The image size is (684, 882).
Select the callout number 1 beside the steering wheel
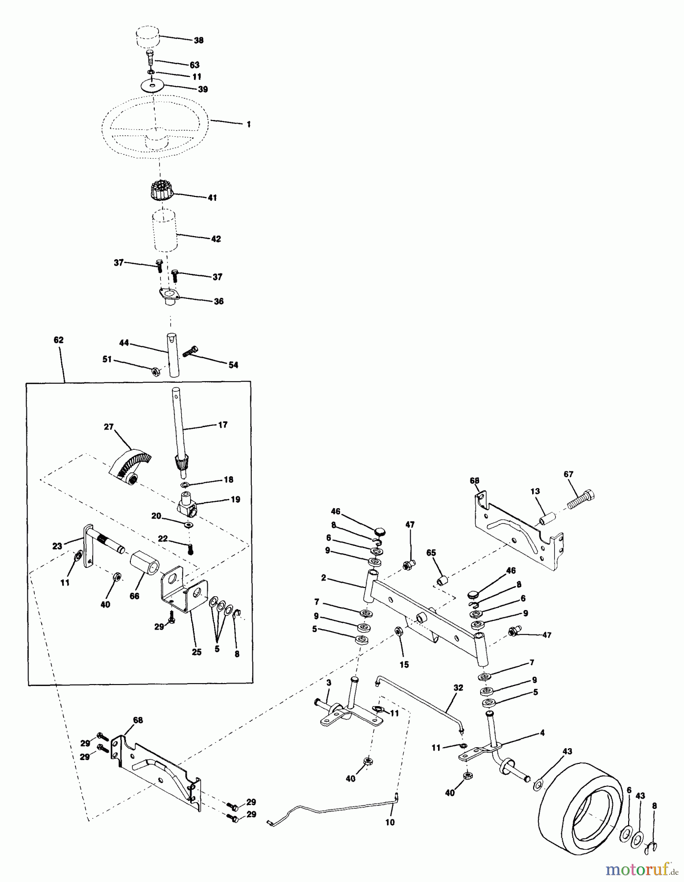(x=248, y=124)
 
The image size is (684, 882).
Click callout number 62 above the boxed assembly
(x=58, y=340)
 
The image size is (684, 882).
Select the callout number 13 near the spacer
(x=535, y=491)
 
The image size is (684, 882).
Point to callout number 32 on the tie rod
(x=458, y=687)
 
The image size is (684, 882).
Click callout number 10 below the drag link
(x=390, y=823)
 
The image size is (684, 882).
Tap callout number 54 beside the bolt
(x=233, y=365)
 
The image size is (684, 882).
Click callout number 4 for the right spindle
(x=542, y=734)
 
